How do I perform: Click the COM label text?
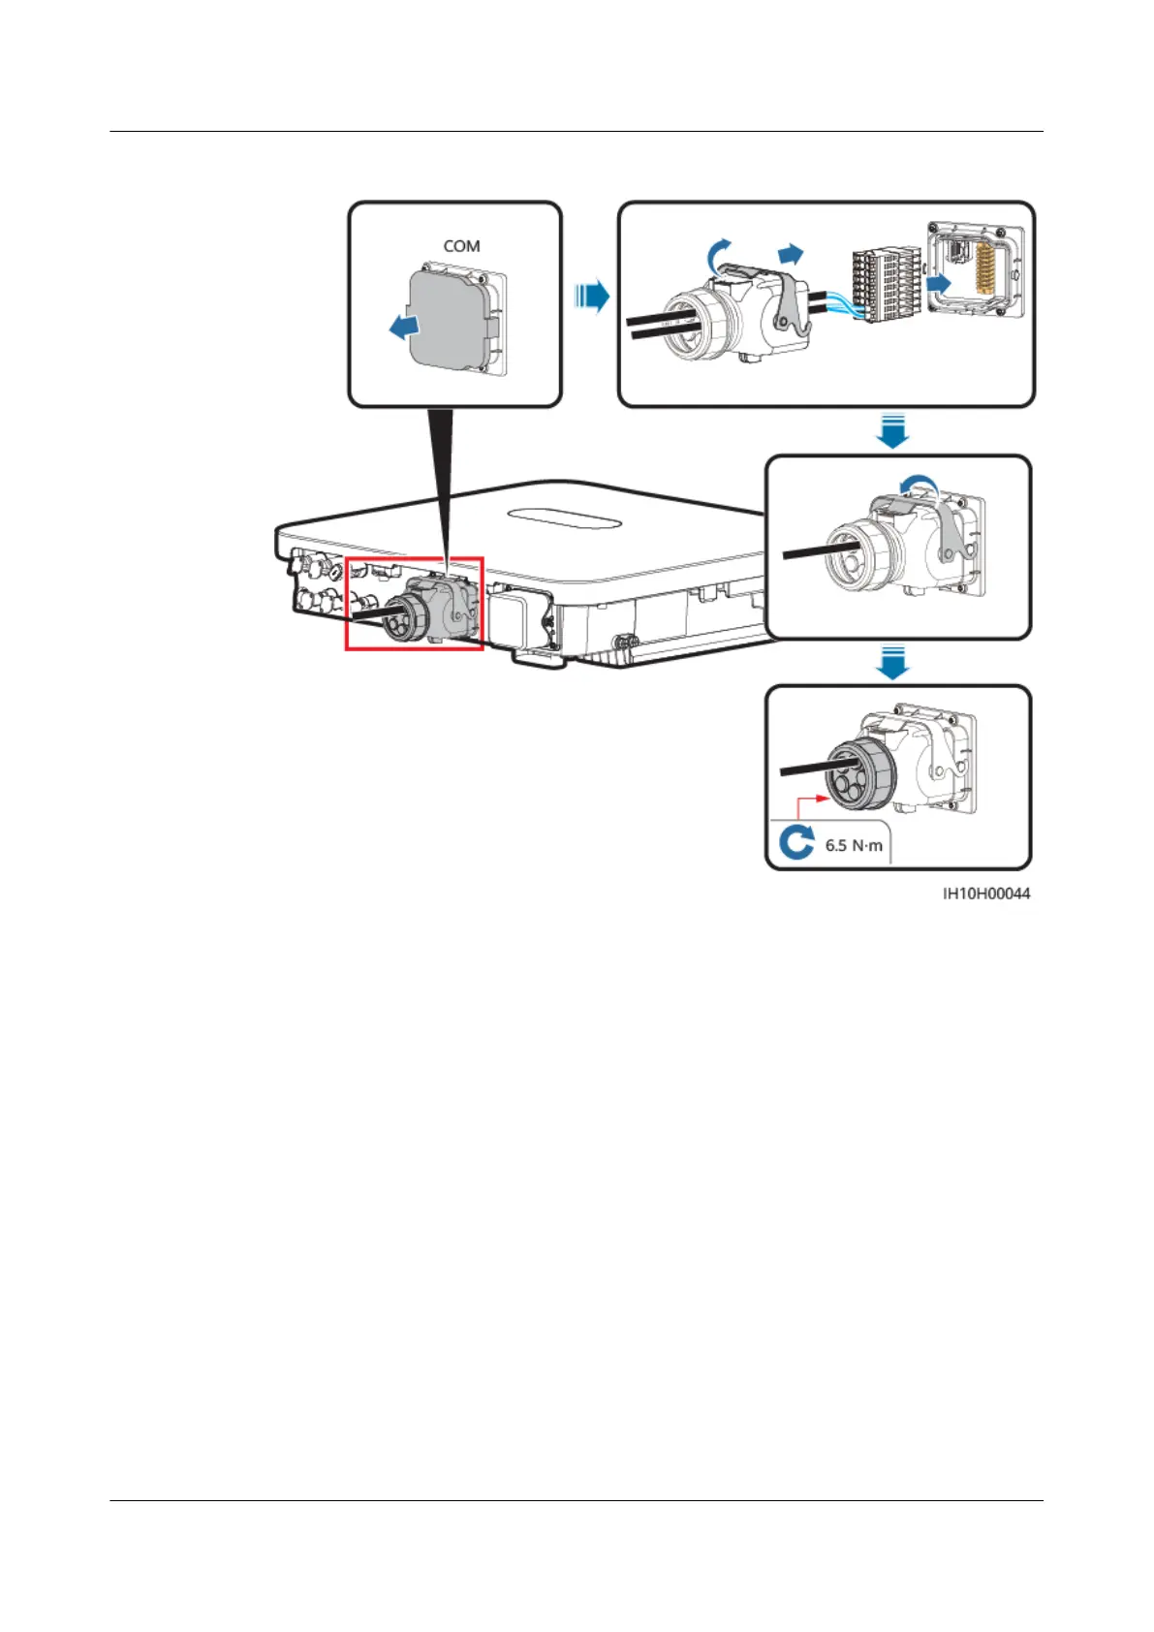(461, 246)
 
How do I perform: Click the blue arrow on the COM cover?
(405, 329)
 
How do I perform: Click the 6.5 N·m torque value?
(854, 845)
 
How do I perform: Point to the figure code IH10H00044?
(986, 894)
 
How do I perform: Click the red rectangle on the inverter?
(415, 603)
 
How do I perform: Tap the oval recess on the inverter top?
(566, 519)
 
